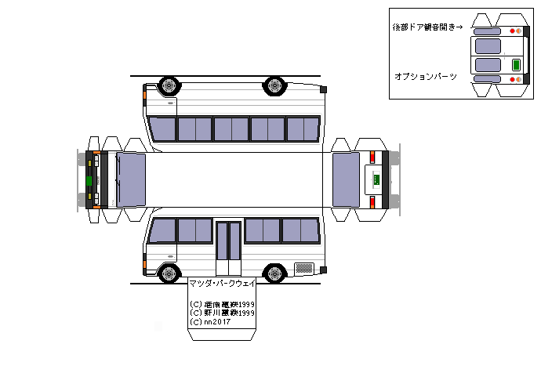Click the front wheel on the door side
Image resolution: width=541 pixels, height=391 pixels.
169,273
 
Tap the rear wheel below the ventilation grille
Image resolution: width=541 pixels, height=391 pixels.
274,273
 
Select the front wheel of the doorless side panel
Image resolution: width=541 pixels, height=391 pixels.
169,85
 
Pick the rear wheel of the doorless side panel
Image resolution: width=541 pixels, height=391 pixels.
274,85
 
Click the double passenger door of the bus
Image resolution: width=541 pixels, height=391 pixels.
229,241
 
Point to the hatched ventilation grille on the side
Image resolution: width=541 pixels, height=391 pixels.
306,266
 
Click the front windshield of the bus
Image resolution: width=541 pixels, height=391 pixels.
131,179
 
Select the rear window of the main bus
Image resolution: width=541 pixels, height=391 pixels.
346,179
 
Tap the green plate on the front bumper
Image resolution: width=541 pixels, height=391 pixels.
89,179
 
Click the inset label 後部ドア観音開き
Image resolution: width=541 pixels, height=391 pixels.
427,27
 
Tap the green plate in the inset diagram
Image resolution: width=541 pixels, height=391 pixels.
517,65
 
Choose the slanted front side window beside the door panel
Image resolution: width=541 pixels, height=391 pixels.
162,230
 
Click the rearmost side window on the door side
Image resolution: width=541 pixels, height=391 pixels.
301,230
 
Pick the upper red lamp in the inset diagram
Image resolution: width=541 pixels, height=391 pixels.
512,31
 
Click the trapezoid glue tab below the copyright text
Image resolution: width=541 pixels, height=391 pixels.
223,334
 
